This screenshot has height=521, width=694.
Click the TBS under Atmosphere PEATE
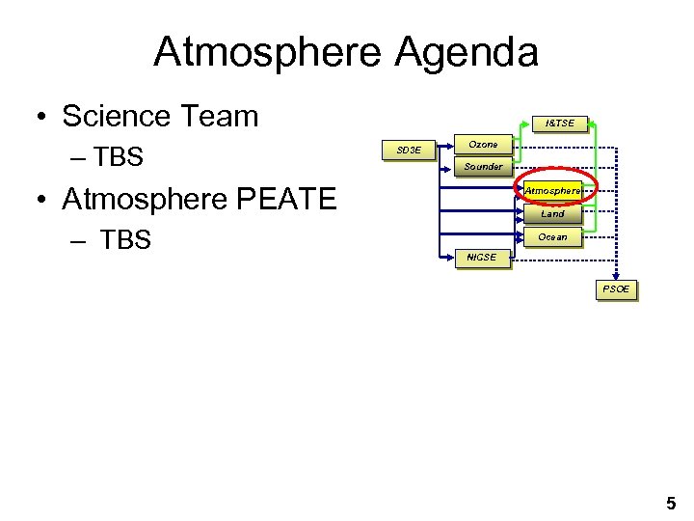pyautogui.click(x=125, y=240)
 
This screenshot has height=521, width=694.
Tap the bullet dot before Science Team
pyautogui.click(x=42, y=118)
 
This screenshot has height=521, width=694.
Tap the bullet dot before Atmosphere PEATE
pyautogui.click(x=42, y=201)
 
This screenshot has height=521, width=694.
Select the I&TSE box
pyautogui.click(x=559, y=123)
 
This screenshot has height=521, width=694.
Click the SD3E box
pyautogui.click(x=409, y=150)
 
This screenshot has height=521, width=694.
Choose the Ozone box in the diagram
pyautogui.click(x=483, y=145)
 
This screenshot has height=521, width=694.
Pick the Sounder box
pyautogui.click(x=483, y=167)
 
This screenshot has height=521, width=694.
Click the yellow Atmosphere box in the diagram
pyautogui.click(x=553, y=191)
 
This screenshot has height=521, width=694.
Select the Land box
pyautogui.click(x=553, y=214)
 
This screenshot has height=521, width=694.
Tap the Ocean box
pyautogui.click(x=553, y=237)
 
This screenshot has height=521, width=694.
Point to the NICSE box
pyautogui.click(x=481, y=258)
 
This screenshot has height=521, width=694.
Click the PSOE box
pyautogui.click(x=616, y=289)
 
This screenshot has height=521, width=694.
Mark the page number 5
pyautogui.click(x=671, y=503)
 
